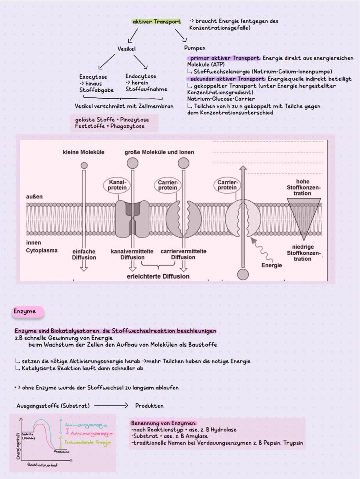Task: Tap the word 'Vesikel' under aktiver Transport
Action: pyautogui.click(x=126, y=49)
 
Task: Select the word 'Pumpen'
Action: pyautogui.click(x=195, y=48)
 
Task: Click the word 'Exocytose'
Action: pyautogui.click(x=93, y=77)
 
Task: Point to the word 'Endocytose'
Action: pyautogui.click(x=141, y=77)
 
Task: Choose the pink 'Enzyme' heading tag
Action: pyautogui.click(x=27, y=311)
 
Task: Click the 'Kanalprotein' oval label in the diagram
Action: pyautogui.click(x=117, y=185)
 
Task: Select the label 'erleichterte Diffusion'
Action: pyautogui.click(x=158, y=276)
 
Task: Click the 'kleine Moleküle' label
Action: pyautogui.click(x=83, y=152)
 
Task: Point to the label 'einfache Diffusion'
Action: pyautogui.click(x=83, y=254)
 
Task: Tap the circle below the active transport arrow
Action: pyautogui.click(x=243, y=274)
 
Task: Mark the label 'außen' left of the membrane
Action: pyautogui.click(x=34, y=196)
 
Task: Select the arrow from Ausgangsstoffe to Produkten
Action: pyautogui.click(x=110, y=406)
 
